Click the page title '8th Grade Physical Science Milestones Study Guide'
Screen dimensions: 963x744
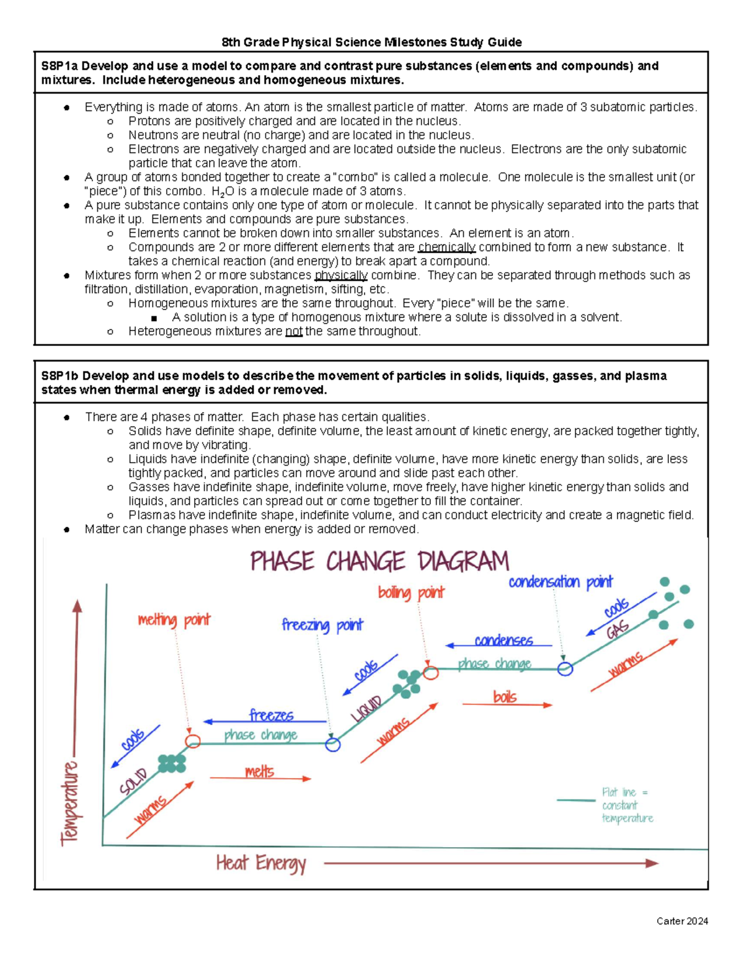coord(371,42)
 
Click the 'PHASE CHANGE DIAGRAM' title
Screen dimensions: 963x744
coord(379,562)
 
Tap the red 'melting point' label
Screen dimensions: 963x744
coord(174,620)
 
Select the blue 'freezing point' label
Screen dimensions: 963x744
coord(322,625)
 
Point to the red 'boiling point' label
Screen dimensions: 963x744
coord(411,593)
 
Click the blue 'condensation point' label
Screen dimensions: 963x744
coord(560,582)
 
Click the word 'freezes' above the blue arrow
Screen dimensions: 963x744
coord(271,715)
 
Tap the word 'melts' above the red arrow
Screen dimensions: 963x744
coord(259,771)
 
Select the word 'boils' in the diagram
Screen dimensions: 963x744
coord(505,697)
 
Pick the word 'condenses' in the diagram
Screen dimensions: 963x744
coord(503,640)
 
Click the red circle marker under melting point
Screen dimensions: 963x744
coord(193,741)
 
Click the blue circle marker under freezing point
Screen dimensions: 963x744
coord(333,745)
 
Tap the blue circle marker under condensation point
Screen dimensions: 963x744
coord(565,669)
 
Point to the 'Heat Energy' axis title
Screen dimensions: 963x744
coord(261,863)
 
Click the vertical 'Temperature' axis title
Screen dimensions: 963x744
coord(69,803)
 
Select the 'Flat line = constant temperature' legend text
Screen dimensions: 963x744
coord(626,805)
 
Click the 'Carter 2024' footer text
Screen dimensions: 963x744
coord(682,921)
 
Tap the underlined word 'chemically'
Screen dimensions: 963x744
coord(446,247)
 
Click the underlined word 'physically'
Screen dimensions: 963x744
coord(341,275)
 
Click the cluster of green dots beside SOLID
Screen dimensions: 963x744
coord(172,763)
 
